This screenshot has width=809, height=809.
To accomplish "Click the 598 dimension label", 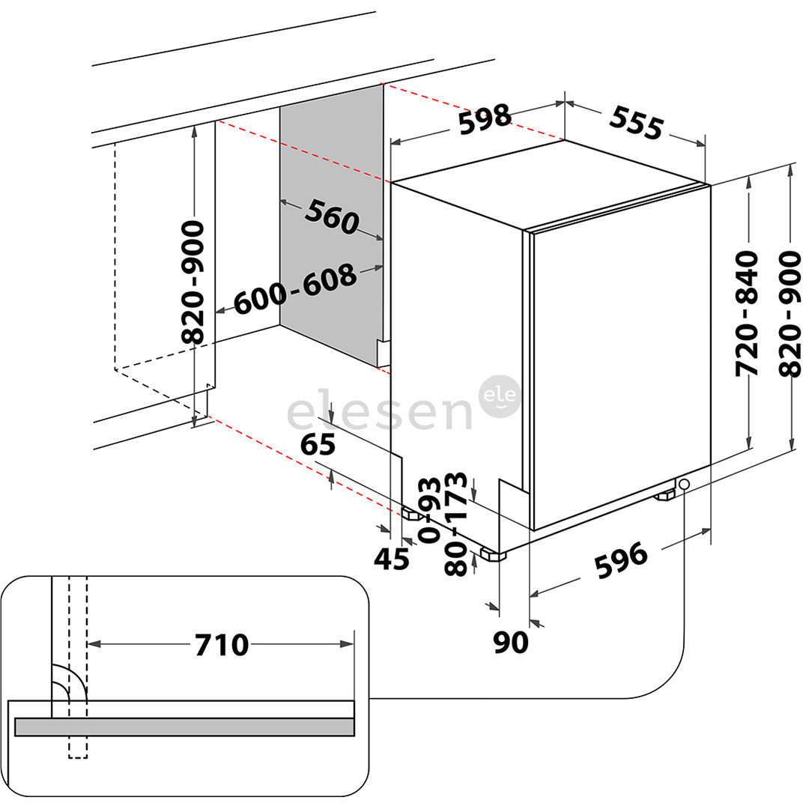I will [485, 119].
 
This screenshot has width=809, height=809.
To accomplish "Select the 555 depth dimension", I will [637, 122].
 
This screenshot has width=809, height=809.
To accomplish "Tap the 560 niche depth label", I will [332, 216].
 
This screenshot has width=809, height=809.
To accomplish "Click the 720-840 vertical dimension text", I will [748, 314].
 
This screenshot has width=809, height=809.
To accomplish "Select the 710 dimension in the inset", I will [221, 643].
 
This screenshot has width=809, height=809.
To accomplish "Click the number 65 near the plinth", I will [318, 445].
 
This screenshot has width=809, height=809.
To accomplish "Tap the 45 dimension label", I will [392, 559].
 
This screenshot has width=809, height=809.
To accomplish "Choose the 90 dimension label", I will [512, 642].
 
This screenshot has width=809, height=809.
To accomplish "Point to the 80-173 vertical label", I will [456, 524].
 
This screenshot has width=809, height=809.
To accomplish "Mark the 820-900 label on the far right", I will [790, 314].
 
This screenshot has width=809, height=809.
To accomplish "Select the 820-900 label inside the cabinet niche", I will [193, 282].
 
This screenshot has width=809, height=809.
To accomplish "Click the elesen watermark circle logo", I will [500, 396].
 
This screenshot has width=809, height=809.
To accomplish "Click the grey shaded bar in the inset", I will [184, 726].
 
